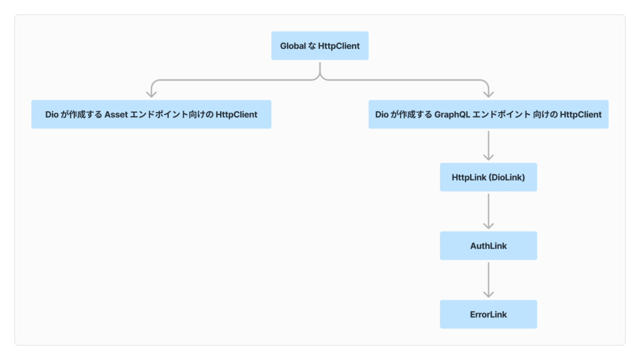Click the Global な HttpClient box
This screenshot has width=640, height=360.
319,46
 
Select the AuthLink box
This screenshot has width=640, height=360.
488,246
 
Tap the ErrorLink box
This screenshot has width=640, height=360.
488,314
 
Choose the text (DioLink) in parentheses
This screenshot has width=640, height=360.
507,177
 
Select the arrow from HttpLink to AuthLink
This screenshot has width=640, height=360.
488,211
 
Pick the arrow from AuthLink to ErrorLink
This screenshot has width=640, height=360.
488,280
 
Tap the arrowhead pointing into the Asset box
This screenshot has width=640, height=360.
151,94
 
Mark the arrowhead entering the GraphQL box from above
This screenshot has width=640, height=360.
488,94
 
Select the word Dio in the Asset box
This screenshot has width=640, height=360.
52,114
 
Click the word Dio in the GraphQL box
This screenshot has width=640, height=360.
382,114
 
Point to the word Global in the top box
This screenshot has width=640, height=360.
292,46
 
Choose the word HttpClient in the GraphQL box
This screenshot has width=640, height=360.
581,114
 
